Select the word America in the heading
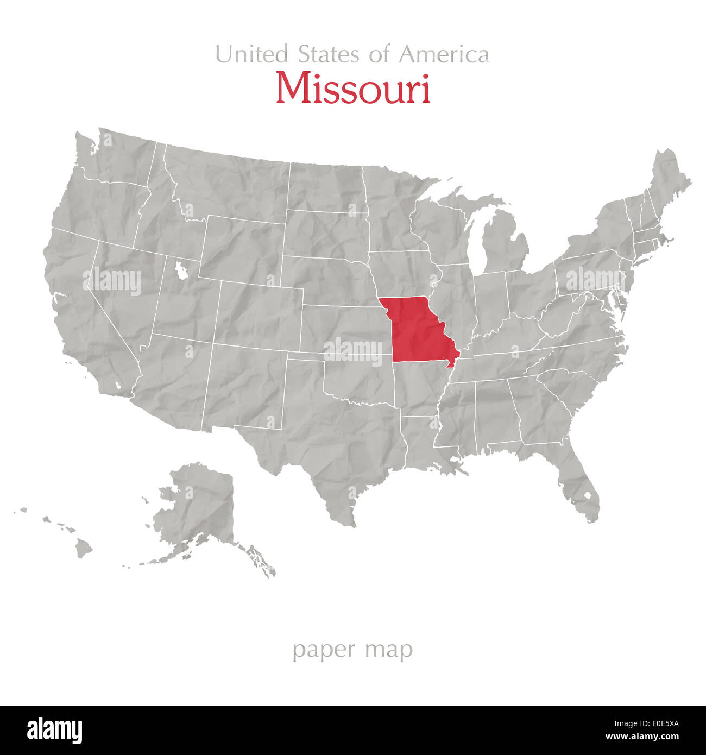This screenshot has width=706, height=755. point(444,54)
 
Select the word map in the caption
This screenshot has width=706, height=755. point(389,649)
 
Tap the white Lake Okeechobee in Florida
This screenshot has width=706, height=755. point(587,495)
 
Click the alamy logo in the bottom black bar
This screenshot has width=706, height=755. point(54,731)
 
